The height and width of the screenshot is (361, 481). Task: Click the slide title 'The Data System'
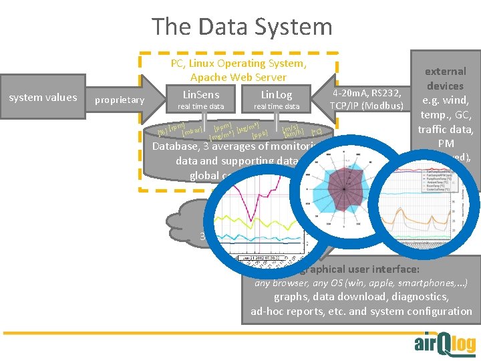[x=241, y=27]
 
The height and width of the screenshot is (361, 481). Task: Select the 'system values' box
[x=43, y=98]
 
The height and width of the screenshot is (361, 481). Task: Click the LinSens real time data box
[x=200, y=100]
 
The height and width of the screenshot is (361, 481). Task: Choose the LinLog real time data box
[x=277, y=100]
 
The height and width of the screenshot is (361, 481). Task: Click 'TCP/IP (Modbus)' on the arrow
[x=366, y=106]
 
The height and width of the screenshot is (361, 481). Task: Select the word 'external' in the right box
[x=446, y=71]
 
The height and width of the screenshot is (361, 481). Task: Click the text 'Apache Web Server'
[x=238, y=78]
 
